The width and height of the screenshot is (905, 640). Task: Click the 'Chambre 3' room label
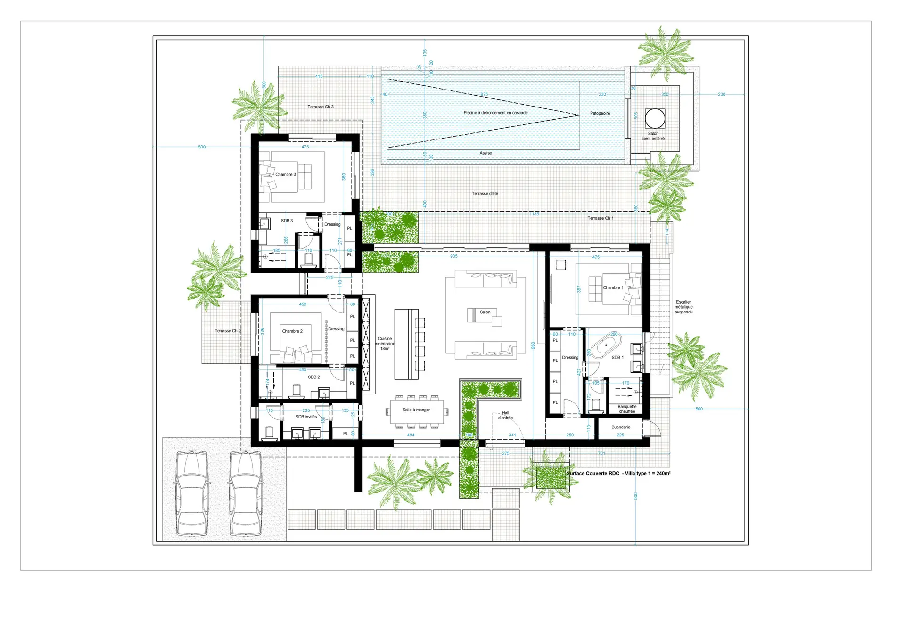point(286,174)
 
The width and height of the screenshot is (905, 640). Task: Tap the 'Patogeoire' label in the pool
point(600,113)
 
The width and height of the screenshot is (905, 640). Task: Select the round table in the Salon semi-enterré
point(655,118)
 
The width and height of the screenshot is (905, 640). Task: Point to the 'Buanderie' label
point(620,427)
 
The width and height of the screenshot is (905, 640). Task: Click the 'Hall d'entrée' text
point(505,415)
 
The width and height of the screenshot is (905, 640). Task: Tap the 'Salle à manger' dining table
point(417,411)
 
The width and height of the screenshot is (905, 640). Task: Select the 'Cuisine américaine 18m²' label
point(385,344)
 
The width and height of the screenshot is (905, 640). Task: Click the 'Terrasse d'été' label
point(485,194)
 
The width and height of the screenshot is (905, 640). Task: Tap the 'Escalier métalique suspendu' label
point(683,307)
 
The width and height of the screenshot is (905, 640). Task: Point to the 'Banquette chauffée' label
point(626,409)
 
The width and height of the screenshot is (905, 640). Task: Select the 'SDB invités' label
point(306,417)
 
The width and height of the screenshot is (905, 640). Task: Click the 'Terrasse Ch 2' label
point(228,331)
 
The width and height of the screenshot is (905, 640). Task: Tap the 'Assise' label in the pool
point(485,153)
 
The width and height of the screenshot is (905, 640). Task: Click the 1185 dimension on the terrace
point(534,214)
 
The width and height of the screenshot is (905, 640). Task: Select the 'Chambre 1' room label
point(613,287)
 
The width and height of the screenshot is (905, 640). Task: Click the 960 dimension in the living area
point(533,345)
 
